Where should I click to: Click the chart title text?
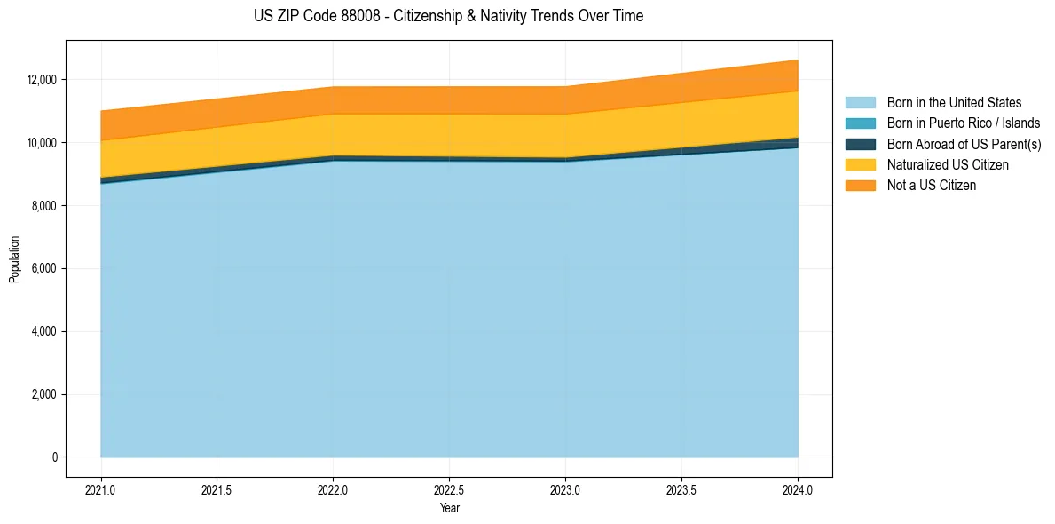point(448,16)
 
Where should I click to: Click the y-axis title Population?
point(14,259)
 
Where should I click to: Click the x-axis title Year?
point(449,508)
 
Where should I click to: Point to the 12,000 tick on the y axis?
point(42,80)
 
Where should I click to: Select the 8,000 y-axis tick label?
point(44,206)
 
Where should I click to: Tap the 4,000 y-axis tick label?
point(44,331)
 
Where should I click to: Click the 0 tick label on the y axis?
point(54,457)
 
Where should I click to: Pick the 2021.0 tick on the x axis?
point(100,489)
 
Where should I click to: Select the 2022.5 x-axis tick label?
point(449,489)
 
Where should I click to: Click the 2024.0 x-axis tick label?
point(798,489)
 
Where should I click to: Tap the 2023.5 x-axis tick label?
point(681,489)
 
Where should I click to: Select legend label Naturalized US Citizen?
point(948,164)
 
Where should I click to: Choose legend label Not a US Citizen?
point(932,185)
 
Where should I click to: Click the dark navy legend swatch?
point(860,144)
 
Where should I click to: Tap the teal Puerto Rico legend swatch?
point(860,123)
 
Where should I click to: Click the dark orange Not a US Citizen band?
point(449,99)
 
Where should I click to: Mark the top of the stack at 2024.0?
point(798,60)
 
